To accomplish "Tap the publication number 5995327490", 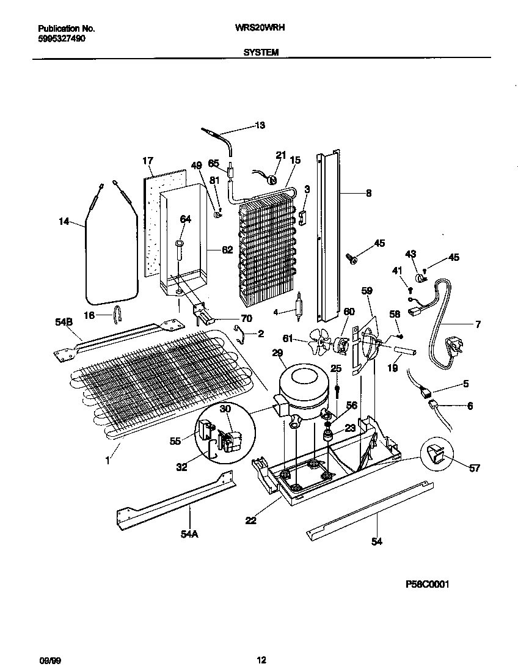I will click(62, 38).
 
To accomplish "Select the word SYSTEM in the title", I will click(261, 53).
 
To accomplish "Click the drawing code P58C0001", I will click(428, 585).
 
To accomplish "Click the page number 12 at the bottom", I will click(261, 660).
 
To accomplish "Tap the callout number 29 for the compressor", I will click(277, 354).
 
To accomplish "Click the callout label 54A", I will click(190, 535).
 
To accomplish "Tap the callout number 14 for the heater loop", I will click(64, 222).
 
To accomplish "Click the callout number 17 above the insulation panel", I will click(147, 161).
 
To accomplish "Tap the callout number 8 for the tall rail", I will click(368, 194).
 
